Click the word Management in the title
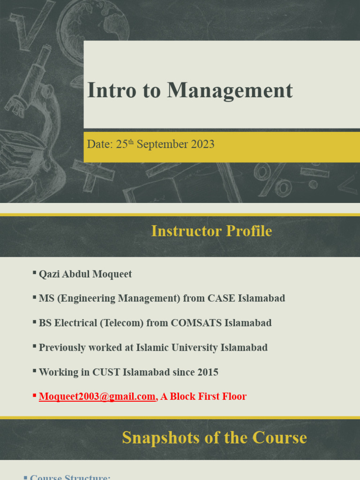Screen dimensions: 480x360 230,90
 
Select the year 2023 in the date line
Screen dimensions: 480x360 202,144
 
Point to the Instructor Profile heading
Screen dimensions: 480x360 211,231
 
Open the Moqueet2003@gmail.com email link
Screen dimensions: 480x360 97,397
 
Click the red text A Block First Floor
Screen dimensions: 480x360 203,397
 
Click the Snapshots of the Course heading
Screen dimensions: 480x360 214,437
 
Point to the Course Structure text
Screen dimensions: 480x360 70,477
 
